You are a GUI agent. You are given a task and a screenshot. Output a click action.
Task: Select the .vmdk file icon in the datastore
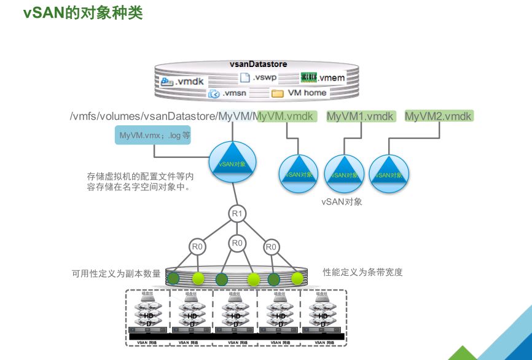168,81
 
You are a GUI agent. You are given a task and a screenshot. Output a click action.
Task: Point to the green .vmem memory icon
308,78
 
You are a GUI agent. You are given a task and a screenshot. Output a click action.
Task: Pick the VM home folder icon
277,93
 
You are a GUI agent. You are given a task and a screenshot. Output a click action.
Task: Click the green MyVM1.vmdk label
359,116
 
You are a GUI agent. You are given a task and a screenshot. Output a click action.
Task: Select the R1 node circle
237,214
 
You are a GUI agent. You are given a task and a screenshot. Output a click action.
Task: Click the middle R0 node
237,243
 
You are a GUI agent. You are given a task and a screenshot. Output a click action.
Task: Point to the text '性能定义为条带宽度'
362,272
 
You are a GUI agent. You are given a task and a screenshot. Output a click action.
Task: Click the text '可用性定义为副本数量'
116,273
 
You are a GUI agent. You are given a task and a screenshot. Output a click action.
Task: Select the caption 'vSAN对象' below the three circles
342,202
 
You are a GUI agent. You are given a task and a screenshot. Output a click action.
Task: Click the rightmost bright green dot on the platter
297,278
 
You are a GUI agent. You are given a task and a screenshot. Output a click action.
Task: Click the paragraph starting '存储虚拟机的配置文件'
141,182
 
